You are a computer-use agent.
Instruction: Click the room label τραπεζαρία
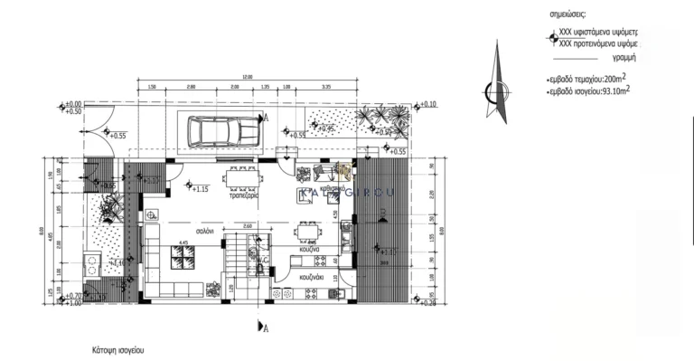point(244,195)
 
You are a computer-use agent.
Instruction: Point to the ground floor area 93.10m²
point(614,90)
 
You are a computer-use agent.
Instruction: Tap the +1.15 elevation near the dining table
point(200,189)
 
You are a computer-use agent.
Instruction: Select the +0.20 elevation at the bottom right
point(427,302)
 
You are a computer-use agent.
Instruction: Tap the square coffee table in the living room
point(183,261)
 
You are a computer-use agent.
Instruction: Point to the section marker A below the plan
point(263,326)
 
